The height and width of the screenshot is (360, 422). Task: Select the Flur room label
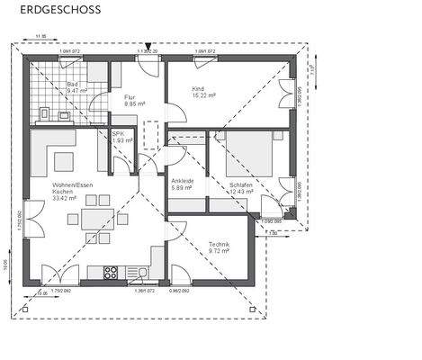pyautogui.click(x=130, y=96)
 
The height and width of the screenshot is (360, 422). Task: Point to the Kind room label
pyautogui.click(x=198, y=88)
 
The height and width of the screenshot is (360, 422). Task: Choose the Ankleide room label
pyautogui.click(x=183, y=181)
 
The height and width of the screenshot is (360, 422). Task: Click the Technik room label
pyautogui.click(x=220, y=246)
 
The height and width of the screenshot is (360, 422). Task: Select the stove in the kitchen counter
pyautogui.click(x=112, y=270)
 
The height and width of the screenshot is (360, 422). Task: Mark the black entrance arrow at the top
pyautogui.click(x=148, y=43)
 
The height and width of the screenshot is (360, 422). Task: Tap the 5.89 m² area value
pyautogui.click(x=183, y=188)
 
